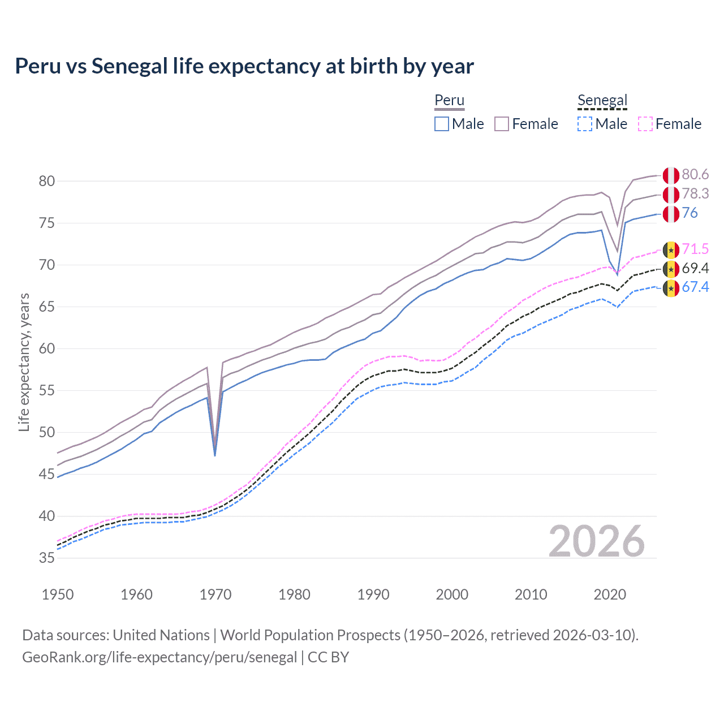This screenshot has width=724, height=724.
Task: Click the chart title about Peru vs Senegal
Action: pos(244,66)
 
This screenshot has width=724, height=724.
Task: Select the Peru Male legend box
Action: pos(442,124)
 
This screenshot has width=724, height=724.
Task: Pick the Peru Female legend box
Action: pos(502,124)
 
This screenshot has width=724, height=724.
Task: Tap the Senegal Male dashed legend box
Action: pos(585,124)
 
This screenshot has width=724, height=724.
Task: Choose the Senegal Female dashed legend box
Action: pos(645,124)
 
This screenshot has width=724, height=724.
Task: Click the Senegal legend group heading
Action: pos(602,101)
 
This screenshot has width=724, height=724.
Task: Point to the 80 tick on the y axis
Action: pos(46,182)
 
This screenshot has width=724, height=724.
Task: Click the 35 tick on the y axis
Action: pos(46,558)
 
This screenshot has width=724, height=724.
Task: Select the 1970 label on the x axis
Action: pos(216,594)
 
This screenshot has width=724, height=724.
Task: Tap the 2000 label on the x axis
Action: pos(452,594)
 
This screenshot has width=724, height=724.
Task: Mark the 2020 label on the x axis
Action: pos(610,594)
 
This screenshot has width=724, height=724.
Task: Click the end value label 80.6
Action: pos(695,175)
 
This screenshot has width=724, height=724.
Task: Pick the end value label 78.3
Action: pos(695,194)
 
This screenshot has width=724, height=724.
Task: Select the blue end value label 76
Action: pos(689,213)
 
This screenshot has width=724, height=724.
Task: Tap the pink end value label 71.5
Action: pos(695,249)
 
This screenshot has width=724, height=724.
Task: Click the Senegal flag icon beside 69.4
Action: pos(671,269)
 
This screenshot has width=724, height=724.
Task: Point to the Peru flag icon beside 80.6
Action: pos(671,175)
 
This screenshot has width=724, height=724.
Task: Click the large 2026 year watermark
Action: pos(597,541)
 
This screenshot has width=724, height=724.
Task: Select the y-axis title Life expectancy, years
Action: pos(24,362)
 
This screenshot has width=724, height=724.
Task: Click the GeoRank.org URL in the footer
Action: pos(160,657)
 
